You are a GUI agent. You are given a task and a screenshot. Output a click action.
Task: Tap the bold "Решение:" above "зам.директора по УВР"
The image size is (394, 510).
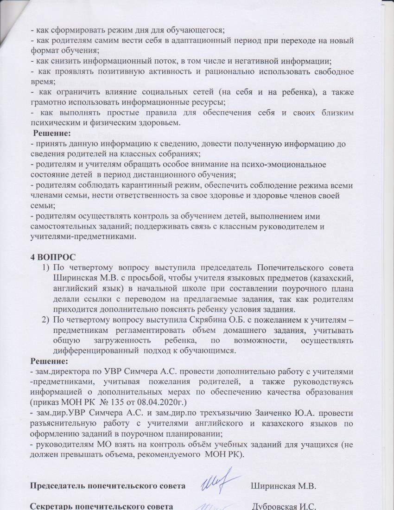click(x=49, y=360)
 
